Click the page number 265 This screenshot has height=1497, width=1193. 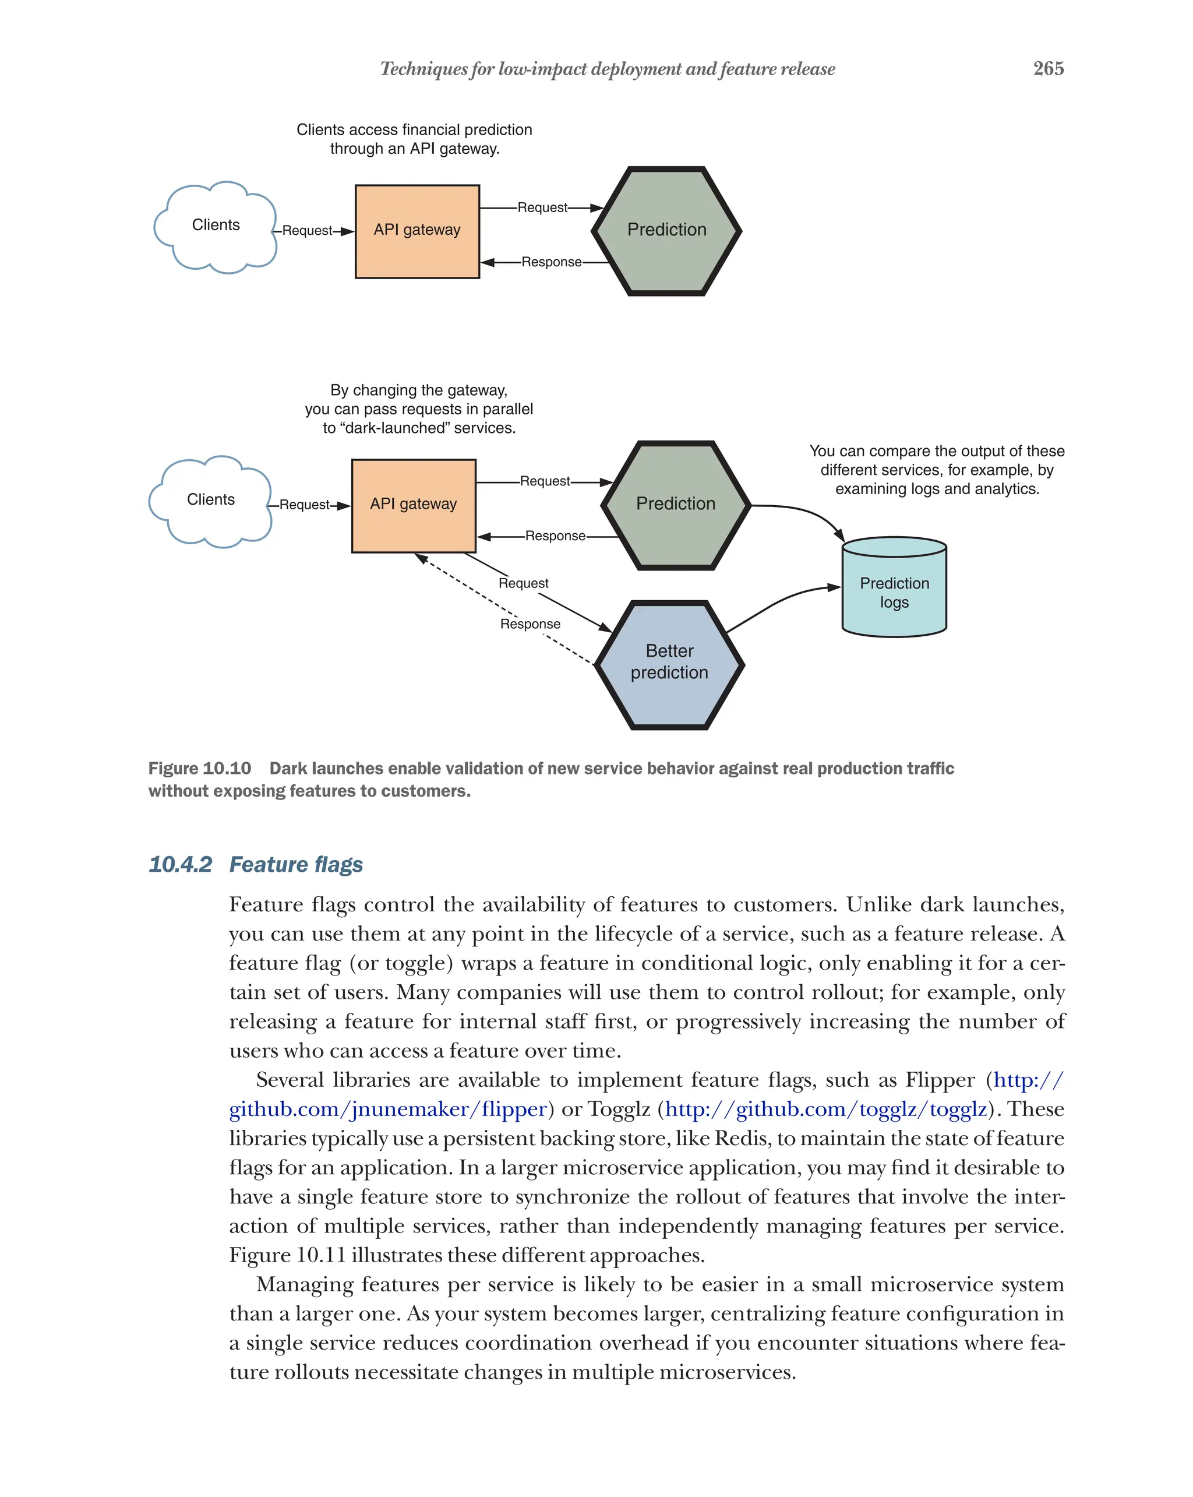click(1048, 68)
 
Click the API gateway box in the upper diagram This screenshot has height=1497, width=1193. click(417, 231)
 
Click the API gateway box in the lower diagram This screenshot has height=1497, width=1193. click(414, 505)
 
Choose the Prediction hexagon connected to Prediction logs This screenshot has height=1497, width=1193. click(675, 504)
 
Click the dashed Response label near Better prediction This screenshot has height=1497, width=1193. click(530, 624)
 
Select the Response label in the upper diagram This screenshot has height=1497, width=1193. click(551, 262)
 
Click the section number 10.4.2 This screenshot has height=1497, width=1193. click(180, 864)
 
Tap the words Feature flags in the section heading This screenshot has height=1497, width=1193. click(296, 864)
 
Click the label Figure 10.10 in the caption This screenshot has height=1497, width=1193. click(199, 768)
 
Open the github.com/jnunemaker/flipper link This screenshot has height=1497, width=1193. click(388, 1109)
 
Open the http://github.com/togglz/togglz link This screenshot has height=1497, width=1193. click(825, 1109)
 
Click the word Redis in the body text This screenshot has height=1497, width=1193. click(741, 1138)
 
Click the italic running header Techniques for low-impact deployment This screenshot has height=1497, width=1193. click(607, 69)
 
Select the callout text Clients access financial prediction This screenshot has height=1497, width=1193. click(414, 130)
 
